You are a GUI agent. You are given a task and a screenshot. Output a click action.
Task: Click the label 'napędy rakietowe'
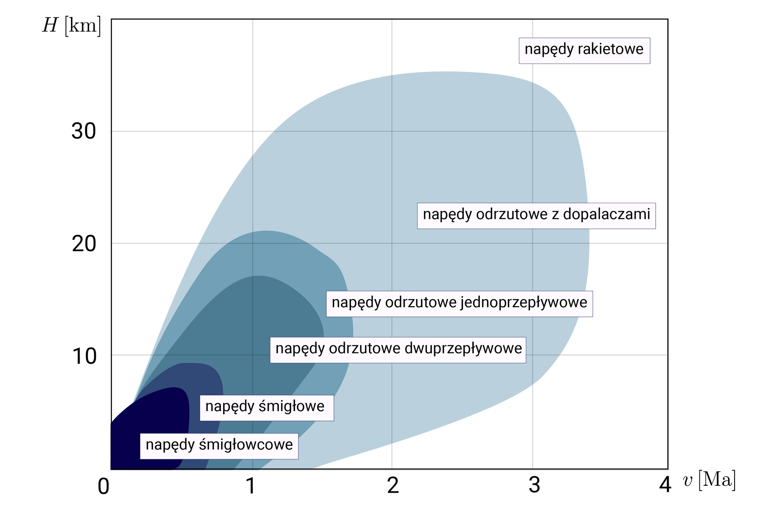584,50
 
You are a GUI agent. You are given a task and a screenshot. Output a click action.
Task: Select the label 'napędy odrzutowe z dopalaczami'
536,215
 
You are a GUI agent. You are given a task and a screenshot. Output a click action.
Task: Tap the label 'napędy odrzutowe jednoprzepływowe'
459,303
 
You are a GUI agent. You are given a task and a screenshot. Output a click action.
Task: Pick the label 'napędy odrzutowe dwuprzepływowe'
398,350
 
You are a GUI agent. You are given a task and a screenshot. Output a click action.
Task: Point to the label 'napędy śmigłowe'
267,407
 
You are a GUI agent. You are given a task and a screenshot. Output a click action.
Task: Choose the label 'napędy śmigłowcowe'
219,445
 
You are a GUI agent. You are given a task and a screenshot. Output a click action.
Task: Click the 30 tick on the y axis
84,131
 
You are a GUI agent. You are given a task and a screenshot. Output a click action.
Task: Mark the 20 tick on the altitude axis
84,244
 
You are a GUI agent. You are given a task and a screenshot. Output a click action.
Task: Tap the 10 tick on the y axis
84,356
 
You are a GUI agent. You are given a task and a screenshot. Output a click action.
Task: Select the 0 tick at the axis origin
103,486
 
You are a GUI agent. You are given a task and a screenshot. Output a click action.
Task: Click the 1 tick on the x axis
251,486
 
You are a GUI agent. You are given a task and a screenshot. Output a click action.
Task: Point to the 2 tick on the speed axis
393,486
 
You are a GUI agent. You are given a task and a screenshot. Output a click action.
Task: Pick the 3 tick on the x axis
534,486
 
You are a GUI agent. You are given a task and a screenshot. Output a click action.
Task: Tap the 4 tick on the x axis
665,485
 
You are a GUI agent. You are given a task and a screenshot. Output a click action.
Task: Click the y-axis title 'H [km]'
72,26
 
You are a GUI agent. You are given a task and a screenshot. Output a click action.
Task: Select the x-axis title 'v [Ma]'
709,480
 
